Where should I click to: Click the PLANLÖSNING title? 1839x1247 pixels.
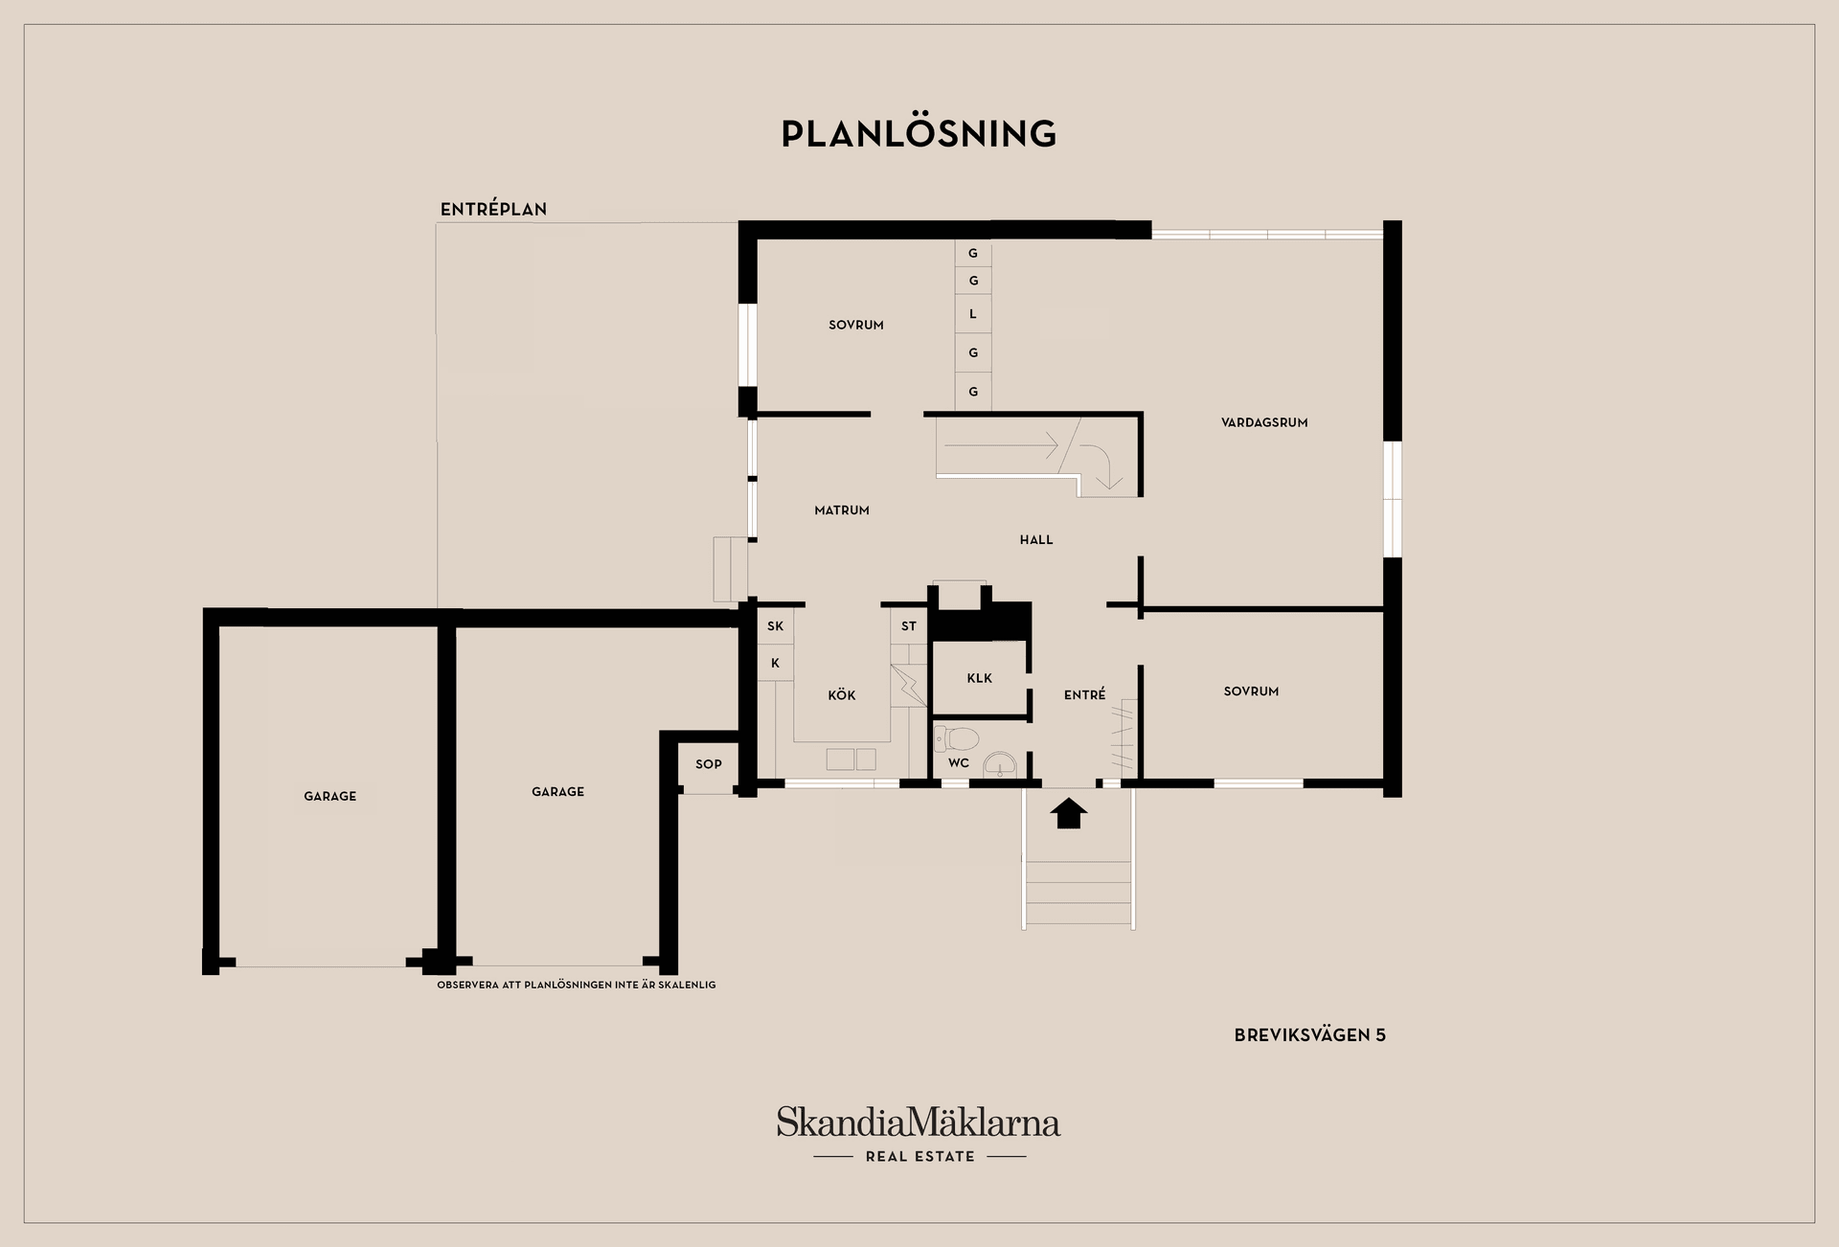[919, 133]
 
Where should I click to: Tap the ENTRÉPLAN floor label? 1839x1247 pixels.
[493, 209]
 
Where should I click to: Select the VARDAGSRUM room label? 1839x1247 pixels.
[1264, 422]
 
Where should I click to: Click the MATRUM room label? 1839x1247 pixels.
[842, 510]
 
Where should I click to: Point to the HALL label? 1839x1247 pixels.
[1036, 540]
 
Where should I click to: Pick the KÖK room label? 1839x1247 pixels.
[842, 695]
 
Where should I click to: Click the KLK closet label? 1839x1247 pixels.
[979, 678]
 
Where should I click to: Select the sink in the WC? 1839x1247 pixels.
[1000, 764]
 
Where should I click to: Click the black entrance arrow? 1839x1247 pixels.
[1069, 814]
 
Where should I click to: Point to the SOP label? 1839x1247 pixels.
[709, 764]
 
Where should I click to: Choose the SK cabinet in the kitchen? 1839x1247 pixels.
[775, 626]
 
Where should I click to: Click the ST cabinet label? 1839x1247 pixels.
[909, 626]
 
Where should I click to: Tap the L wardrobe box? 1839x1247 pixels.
[973, 314]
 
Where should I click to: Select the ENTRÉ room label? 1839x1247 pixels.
[1084, 695]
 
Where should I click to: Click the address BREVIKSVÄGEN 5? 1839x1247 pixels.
[1309, 1035]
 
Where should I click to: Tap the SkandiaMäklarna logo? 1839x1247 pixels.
[919, 1122]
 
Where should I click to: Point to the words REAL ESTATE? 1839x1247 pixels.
[919, 1157]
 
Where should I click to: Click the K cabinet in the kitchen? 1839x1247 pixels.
[775, 663]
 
